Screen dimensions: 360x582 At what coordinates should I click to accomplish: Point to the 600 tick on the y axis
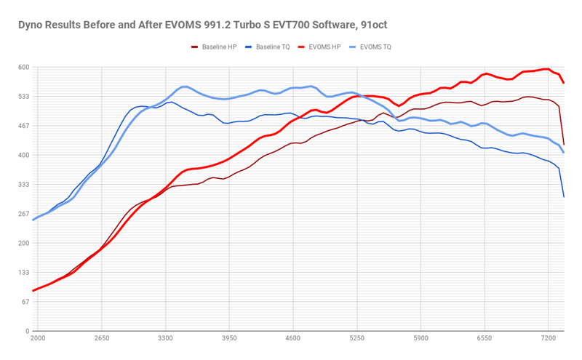pyautogui.click(x=23, y=68)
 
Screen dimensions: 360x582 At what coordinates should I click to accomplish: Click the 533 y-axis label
pyautogui.click(x=23, y=97)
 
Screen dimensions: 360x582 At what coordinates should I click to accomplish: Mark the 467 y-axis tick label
pyautogui.click(x=23, y=126)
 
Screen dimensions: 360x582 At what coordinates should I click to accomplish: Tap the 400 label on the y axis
pyautogui.click(x=23, y=156)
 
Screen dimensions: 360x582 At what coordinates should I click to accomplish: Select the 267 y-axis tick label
pyautogui.click(x=23, y=214)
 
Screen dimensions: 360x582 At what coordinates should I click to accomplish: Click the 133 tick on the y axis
pyautogui.click(x=23, y=273)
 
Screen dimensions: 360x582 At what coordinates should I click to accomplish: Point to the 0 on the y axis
pyautogui.click(x=26, y=331)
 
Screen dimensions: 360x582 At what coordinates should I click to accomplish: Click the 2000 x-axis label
pyautogui.click(x=38, y=339)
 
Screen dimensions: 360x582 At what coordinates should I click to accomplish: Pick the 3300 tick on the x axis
pyautogui.click(x=165, y=339)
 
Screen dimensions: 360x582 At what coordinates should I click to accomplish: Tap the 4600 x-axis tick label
pyautogui.click(x=293, y=339)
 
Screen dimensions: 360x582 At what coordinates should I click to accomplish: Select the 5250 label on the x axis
pyautogui.click(x=356, y=339)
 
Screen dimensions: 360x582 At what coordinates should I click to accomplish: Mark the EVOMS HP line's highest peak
pyautogui.click(x=546, y=69)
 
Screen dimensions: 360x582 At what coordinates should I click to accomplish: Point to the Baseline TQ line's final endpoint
pyautogui.click(x=564, y=197)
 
